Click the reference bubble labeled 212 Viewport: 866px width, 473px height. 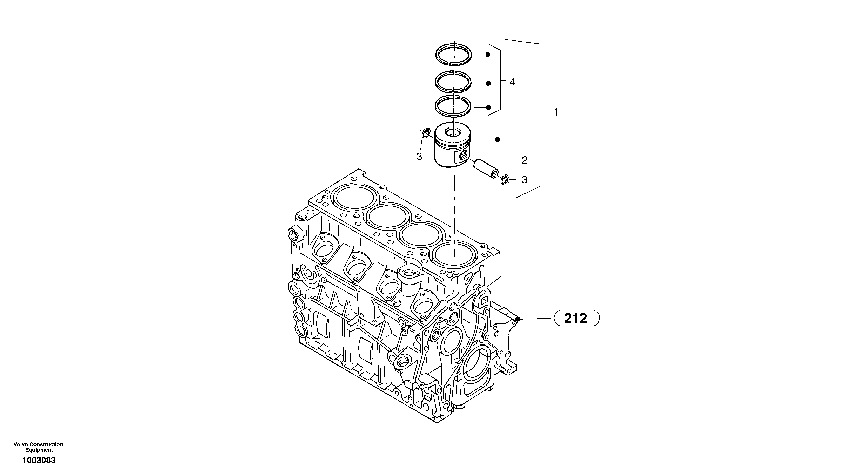[576, 318]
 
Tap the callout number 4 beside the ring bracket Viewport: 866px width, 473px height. [512, 82]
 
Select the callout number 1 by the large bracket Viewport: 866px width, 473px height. [555, 112]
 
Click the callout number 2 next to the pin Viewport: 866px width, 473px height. [524, 160]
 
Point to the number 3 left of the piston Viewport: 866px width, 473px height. [419, 156]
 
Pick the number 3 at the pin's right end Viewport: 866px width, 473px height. [524, 180]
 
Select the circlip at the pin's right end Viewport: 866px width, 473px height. [504, 180]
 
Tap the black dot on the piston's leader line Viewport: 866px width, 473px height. [498, 139]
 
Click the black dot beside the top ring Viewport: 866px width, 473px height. [488, 55]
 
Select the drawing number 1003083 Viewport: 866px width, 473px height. [39, 460]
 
